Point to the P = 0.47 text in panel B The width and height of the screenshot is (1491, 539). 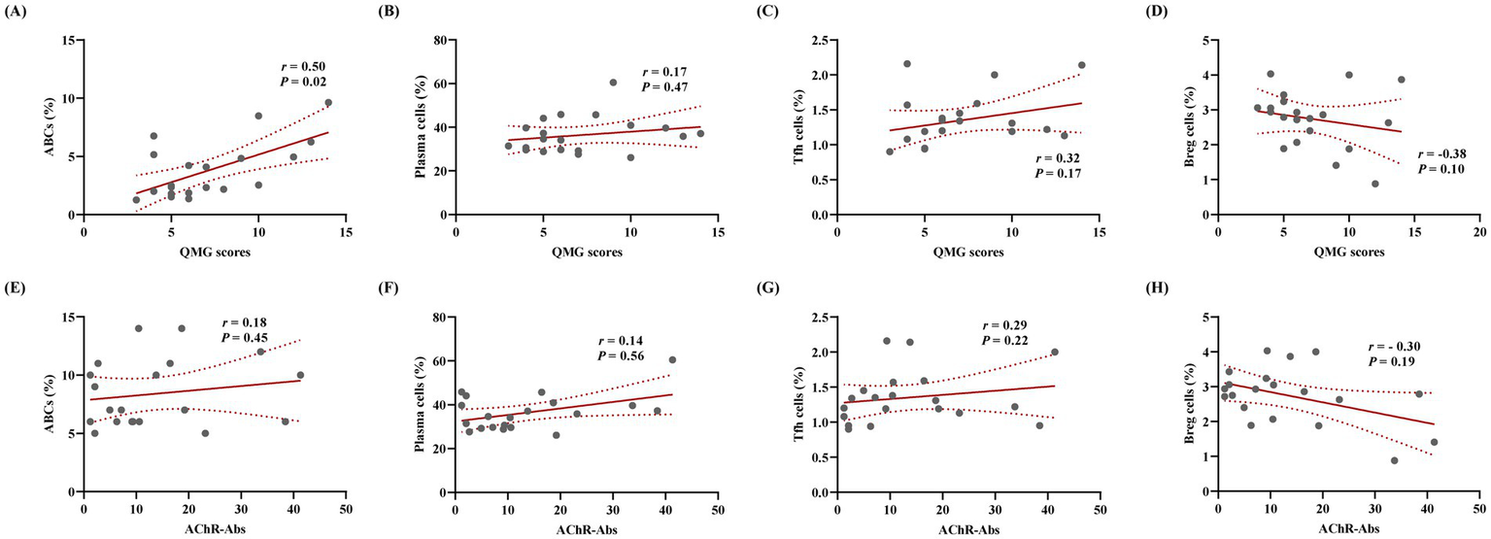click(664, 90)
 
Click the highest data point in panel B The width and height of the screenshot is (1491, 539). click(613, 83)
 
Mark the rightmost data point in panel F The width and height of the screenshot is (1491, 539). click(671, 359)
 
